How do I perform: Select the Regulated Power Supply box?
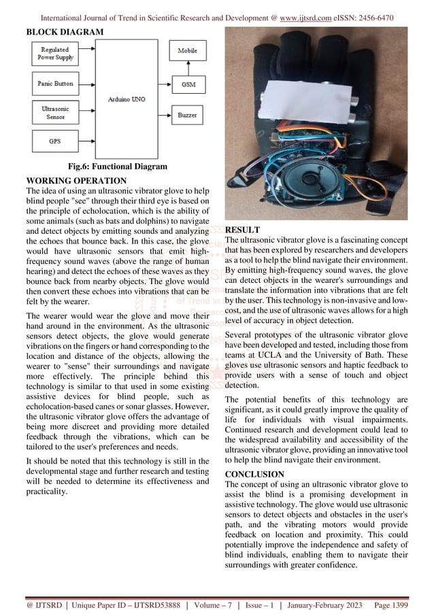(54, 54)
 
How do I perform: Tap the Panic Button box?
(54, 84)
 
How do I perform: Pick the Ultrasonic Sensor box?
(54, 112)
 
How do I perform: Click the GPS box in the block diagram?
(54, 141)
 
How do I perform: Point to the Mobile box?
(188, 52)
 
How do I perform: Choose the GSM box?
(188, 84)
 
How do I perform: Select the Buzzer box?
(188, 116)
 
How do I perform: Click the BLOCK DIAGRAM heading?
(65, 32)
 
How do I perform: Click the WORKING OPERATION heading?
(76, 180)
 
